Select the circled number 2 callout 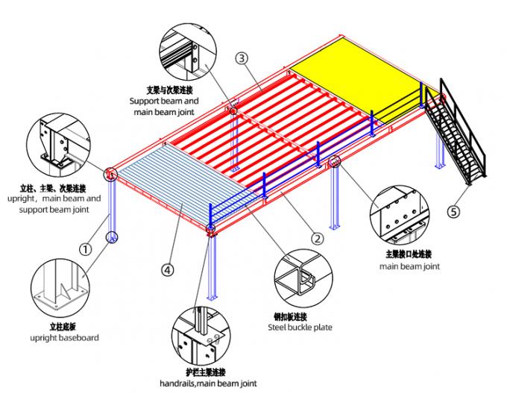click(316, 239)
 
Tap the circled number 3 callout click(242, 57)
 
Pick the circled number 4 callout click(168, 271)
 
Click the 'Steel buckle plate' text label click(300, 326)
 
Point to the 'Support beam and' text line click(164, 101)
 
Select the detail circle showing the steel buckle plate click(300, 279)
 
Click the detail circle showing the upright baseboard click(59, 289)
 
